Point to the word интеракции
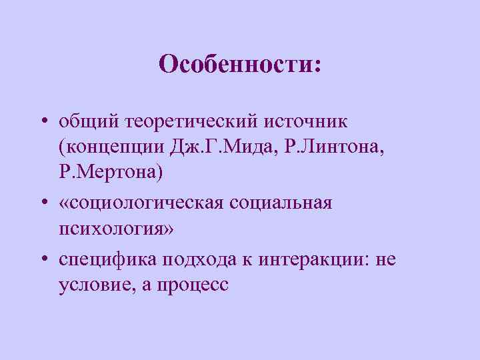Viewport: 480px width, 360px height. click(309, 257)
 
